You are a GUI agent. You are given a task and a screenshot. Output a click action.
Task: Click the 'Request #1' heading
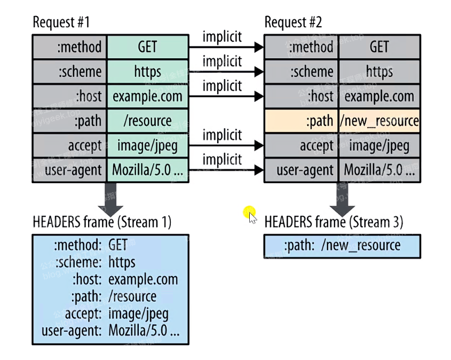pyautogui.click(x=62, y=23)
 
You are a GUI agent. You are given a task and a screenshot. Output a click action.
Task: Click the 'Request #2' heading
pyautogui.click(x=294, y=23)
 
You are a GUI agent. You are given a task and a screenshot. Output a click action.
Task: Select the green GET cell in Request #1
pyautogui.click(x=147, y=47)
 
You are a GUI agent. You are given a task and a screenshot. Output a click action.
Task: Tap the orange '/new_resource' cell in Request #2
pyautogui.click(x=379, y=121)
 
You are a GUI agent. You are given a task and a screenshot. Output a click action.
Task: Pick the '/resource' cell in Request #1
pyautogui.click(x=147, y=121)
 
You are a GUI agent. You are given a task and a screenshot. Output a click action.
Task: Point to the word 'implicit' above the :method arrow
pyautogui.click(x=222, y=37)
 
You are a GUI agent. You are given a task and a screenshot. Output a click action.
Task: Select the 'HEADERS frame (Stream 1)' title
pyautogui.click(x=101, y=222)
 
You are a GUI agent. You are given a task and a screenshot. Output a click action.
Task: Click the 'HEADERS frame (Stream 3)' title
pyautogui.click(x=334, y=222)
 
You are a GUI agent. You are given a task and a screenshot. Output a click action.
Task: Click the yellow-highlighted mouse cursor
pyautogui.click(x=251, y=215)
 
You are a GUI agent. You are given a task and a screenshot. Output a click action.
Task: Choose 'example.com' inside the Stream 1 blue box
pyautogui.click(x=143, y=279)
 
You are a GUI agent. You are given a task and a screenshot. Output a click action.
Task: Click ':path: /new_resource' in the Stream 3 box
pyautogui.click(x=342, y=246)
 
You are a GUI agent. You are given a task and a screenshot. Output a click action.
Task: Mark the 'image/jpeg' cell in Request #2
pyautogui.click(x=379, y=146)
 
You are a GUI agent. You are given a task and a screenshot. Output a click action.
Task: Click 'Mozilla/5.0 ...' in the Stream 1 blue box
pyautogui.click(x=144, y=331)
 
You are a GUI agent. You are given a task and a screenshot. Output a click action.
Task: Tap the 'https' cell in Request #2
pyautogui.click(x=379, y=72)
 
